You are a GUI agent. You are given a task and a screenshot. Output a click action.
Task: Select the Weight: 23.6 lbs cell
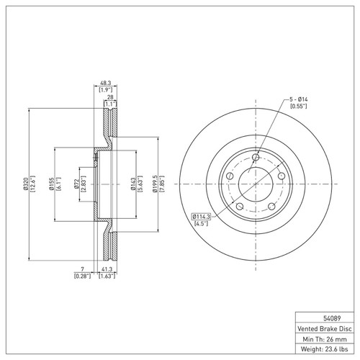pyautogui.click(x=322, y=350)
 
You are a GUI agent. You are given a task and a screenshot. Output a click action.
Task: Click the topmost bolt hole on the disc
pyautogui.click(x=256, y=157)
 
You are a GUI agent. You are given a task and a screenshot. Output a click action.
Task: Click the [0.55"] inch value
pyautogui.click(x=298, y=107)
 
